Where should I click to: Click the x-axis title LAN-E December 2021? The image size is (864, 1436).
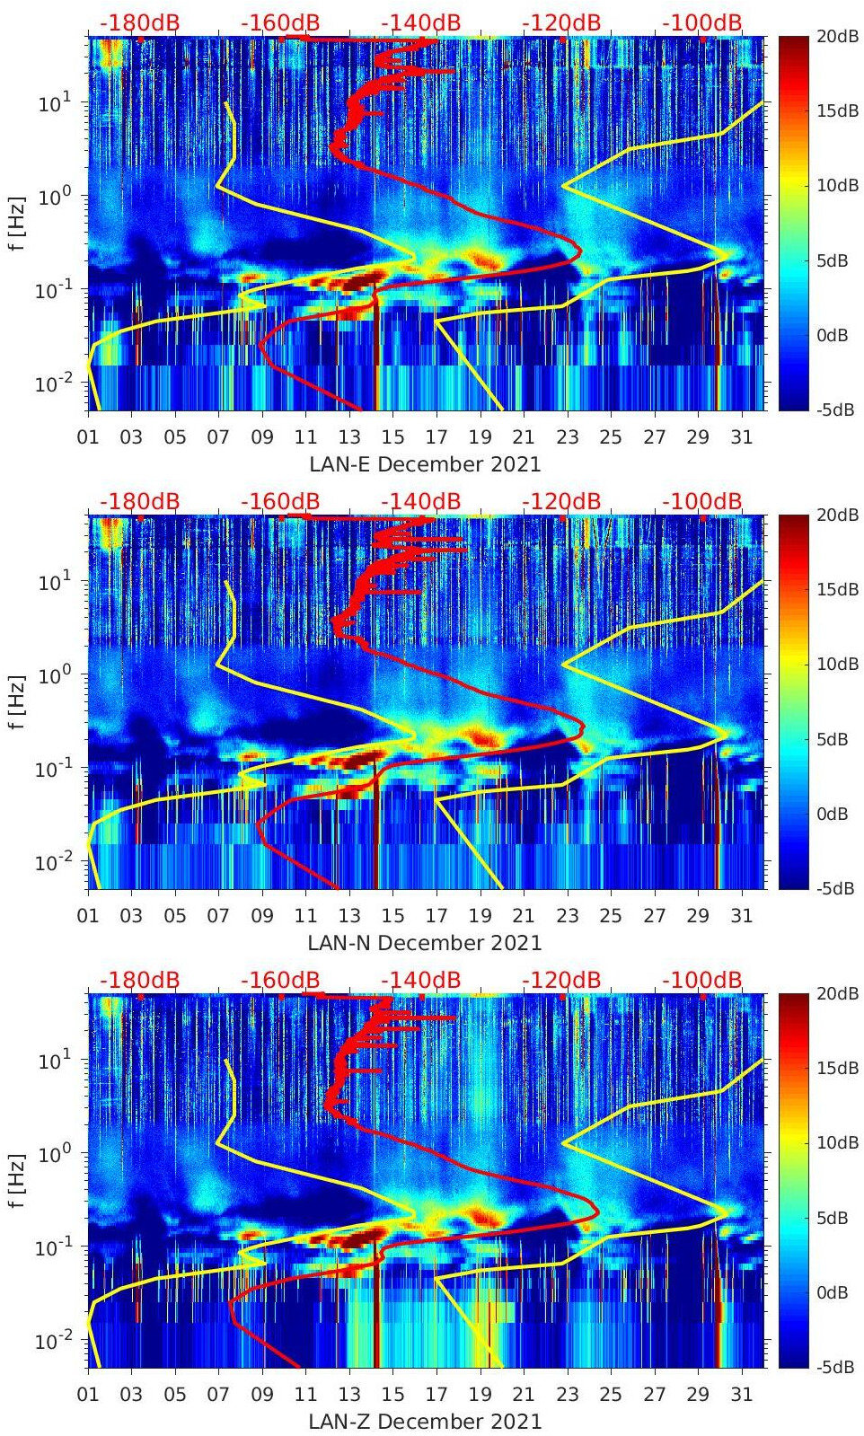coord(425,464)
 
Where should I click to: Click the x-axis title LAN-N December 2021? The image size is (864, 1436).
coord(425,943)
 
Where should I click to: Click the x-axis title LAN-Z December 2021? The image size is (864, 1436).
coord(425,1422)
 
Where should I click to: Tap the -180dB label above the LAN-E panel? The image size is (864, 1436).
coord(139,22)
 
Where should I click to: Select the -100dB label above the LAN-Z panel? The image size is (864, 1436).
coord(702,980)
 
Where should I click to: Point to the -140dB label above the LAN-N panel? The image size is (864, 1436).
coord(420,501)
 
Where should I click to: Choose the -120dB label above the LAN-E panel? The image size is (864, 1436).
coord(561,22)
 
